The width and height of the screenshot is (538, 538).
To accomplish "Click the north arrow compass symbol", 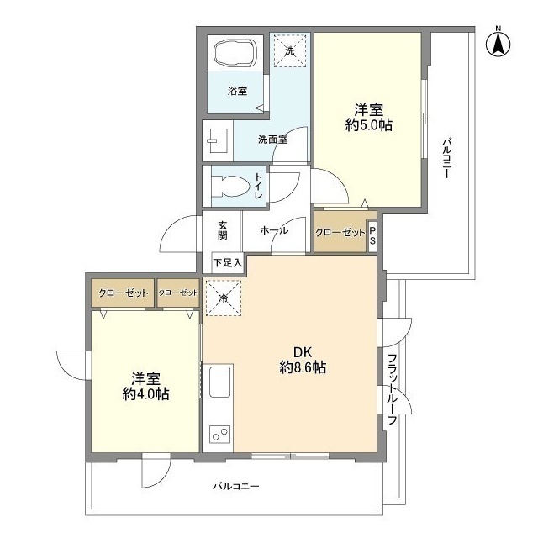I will tap(497, 43).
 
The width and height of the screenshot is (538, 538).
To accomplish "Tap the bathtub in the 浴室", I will tap(238, 54).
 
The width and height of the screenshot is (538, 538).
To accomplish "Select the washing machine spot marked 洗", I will tap(290, 51).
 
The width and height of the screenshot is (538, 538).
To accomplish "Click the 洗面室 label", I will tap(273, 140).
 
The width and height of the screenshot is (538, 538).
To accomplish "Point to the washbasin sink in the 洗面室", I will tap(217, 140).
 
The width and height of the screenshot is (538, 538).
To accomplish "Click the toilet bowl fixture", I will tap(228, 186).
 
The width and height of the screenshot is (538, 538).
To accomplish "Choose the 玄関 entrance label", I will tap(223, 230).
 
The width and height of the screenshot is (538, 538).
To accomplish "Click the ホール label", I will tap(273, 230).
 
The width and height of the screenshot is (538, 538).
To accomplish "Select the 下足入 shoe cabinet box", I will tap(227, 263).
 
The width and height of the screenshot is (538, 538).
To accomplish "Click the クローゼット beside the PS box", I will tap(340, 232).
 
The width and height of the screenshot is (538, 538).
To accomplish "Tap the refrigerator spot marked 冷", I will tap(223, 298).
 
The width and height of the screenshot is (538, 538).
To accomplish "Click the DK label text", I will tap(302, 352).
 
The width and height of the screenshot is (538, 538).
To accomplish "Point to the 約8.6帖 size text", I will tap(303, 368).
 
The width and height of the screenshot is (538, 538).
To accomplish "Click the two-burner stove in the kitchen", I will tap(221, 435).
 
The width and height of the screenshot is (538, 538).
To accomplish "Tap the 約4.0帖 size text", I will tap(145, 393).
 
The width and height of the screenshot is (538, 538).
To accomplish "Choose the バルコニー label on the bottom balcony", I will tap(236, 487).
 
